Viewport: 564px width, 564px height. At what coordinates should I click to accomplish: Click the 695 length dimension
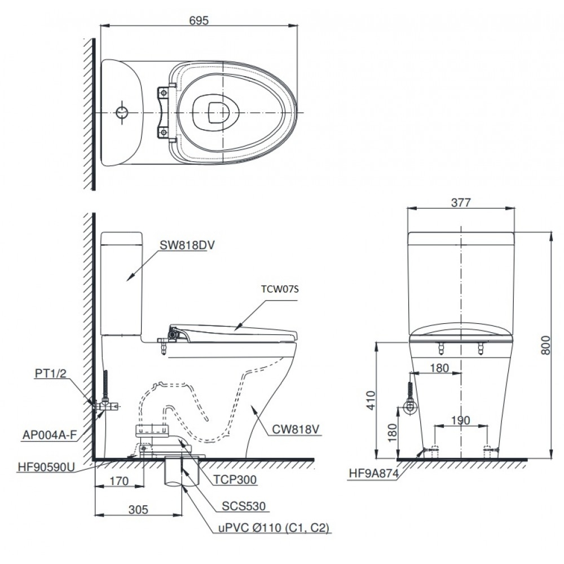(199, 20)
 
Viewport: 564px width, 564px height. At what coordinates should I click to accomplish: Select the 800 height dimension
(545, 342)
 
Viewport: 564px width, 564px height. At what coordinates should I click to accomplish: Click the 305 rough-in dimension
(138, 509)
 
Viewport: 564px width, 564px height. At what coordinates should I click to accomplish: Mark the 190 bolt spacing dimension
(460, 420)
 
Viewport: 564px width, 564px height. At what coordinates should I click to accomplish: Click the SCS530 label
(243, 506)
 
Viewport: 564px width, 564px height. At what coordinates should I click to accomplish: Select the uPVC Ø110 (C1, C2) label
(274, 528)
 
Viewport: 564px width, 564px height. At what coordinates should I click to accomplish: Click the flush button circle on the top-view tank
(122, 112)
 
